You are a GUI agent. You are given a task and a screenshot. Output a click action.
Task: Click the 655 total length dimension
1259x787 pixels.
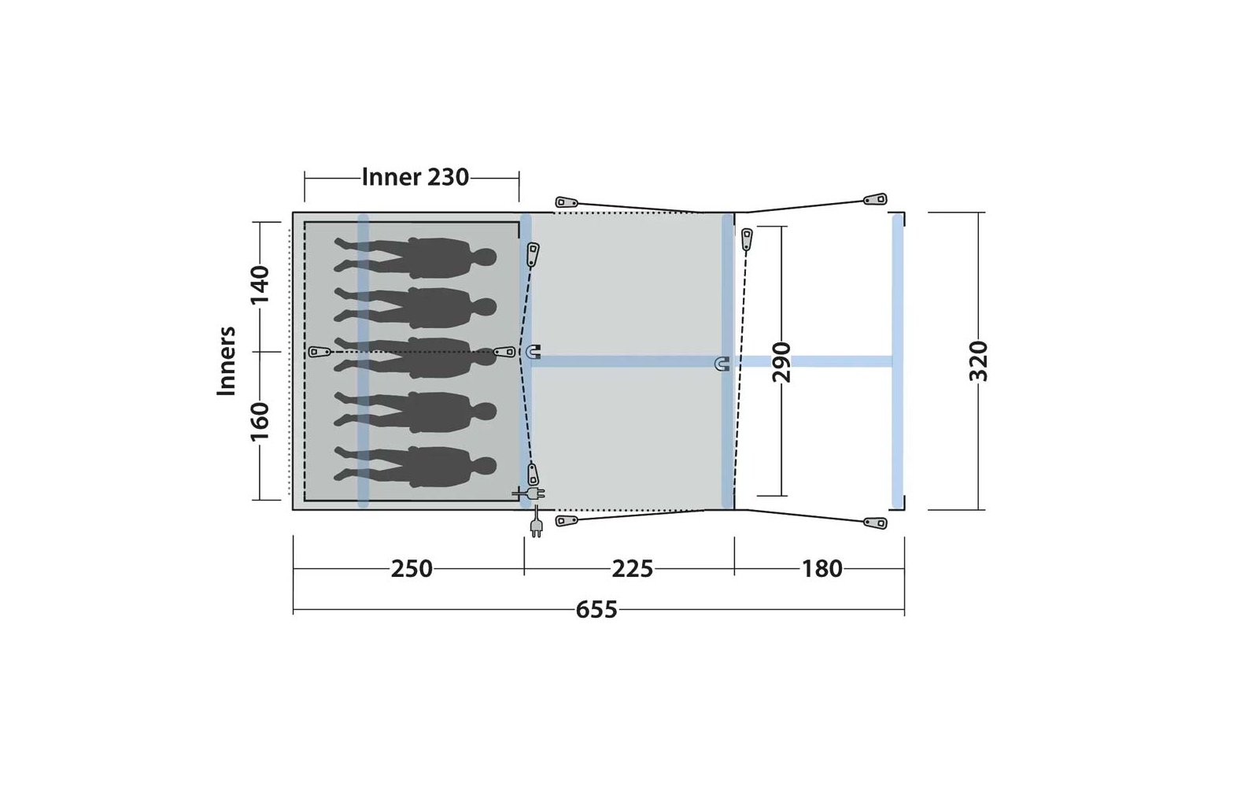point(596,609)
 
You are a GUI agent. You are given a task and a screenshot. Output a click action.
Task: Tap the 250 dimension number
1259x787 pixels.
point(412,569)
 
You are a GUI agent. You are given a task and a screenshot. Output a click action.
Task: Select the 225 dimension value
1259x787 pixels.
point(633,569)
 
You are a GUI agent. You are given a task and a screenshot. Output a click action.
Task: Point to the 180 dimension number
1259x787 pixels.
point(821,569)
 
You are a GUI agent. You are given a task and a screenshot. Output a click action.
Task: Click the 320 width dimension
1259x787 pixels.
point(979,361)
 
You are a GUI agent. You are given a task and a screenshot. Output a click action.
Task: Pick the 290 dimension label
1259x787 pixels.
point(781,361)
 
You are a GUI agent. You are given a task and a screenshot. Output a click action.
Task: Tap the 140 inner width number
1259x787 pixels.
point(260,284)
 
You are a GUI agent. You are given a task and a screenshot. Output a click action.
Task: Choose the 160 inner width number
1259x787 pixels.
point(260,421)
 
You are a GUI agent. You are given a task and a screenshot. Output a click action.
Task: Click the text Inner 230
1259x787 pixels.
point(415,177)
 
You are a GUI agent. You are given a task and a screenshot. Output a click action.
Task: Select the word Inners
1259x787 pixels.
point(226,361)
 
